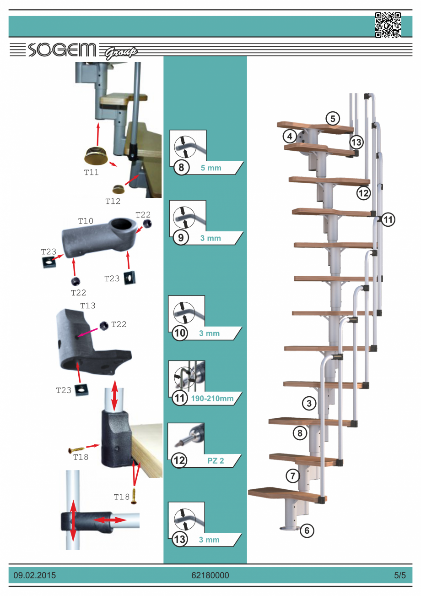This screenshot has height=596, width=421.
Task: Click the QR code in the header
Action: click(x=388, y=25)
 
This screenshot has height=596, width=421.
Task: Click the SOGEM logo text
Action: click(x=62, y=50)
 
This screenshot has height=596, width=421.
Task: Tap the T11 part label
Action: click(x=92, y=172)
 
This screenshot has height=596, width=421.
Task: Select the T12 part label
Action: click(x=113, y=201)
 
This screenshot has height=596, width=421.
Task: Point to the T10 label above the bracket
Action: click(x=86, y=221)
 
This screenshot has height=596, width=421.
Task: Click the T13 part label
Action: click(x=88, y=306)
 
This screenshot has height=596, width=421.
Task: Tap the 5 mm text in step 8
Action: click(x=211, y=168)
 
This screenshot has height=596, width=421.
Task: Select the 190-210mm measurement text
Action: click(x=212, y=399)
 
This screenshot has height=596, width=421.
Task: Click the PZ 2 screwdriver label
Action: click(x=216, y=460)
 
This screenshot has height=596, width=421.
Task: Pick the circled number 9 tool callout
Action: click(x=181, y=237)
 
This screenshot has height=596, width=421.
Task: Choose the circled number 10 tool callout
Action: click(x=180, y=333)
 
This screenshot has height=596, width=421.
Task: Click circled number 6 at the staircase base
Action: click(x=307, y=530)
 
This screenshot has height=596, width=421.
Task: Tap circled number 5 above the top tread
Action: click(x=333, y=119)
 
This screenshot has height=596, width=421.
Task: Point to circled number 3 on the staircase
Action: click(x=309, y=403)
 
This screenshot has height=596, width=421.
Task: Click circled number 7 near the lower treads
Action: click(x=292, y=476)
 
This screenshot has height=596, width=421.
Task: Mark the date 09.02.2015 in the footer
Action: click(x=35, y=575)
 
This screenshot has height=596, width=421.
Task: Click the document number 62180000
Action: click(x=210, y=575)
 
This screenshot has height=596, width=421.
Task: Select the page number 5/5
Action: click(x=400, y=575)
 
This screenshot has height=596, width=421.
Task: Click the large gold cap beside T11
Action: click(x=96, y=155)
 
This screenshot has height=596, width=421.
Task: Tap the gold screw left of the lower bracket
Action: click(x=76, y=449)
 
